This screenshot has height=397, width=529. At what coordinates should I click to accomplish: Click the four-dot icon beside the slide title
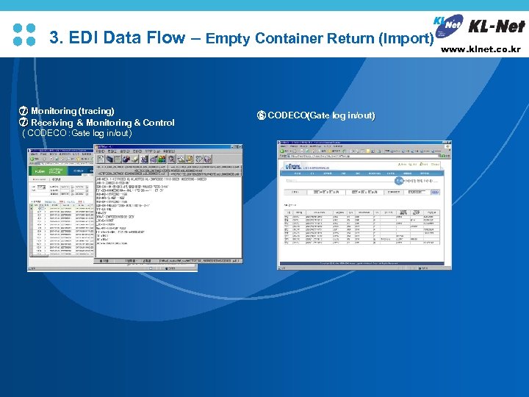click(24, 35)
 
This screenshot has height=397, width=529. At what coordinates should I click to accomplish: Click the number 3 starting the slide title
click(54, 37)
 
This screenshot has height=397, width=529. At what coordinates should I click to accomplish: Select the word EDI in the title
click(86, 37)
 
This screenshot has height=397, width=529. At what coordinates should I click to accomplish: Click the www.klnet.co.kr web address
click(481, 50)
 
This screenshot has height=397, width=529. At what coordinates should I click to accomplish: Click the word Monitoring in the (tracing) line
click(54, 111)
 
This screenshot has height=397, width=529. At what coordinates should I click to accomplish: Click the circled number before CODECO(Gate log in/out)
click(261, 115)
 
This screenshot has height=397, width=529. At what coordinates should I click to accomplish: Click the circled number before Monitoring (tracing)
click(23, 111)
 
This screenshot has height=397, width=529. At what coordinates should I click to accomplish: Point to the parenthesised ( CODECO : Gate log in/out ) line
click(77, 134)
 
